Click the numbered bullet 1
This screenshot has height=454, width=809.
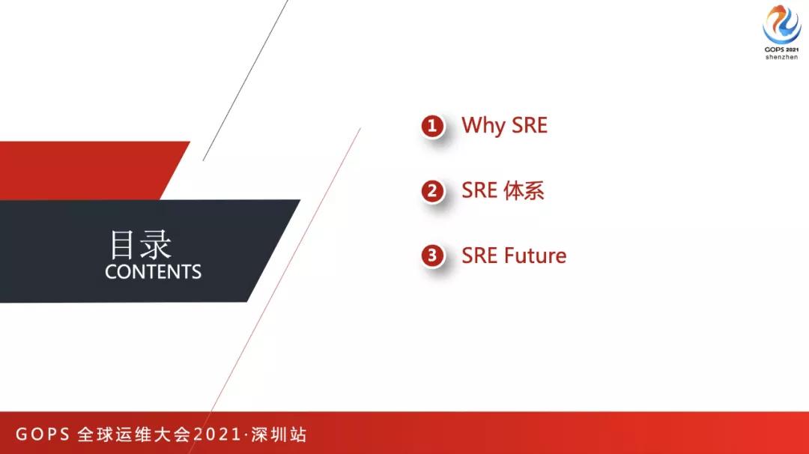431,126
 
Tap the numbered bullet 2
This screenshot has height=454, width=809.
431,191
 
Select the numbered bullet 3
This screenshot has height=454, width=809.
431,256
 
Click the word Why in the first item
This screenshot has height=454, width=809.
483,126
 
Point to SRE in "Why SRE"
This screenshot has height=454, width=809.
529,125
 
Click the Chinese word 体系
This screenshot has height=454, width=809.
523,190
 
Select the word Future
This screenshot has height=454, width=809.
535,255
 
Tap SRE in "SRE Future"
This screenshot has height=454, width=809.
479,255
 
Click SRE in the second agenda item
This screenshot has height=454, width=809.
479,190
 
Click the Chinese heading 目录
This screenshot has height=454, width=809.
141,244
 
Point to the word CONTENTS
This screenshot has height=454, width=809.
154,272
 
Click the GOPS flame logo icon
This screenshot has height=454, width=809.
781,25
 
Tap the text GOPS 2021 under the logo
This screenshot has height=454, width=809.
781,50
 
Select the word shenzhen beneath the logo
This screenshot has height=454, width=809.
781,58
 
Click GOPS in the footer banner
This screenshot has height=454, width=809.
43,435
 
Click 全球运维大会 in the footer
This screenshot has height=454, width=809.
134,435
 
